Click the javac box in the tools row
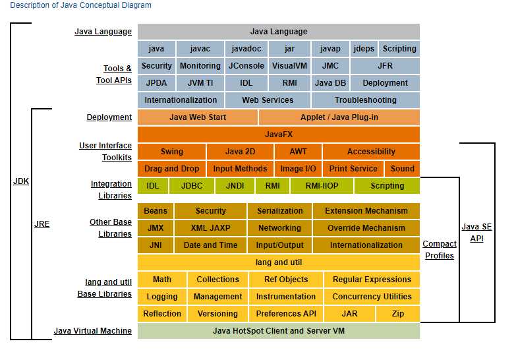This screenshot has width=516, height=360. pos(200,49)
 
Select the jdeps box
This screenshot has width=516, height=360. pos(364,49)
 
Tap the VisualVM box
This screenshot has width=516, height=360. pos(289,66)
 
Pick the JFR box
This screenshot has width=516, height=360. pos(385,66)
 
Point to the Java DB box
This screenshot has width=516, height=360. pos(330,83)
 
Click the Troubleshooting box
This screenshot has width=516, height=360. pos(365,100)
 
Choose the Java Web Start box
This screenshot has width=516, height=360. pos(198,117)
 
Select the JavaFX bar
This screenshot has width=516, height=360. pos(279,135)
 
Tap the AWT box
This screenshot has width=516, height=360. pos(298,152)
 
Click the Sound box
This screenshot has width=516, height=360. pos(402,169)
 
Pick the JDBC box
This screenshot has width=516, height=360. pos(192,186)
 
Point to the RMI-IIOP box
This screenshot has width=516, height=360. pos(322,186)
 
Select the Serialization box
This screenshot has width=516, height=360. pos(280,211)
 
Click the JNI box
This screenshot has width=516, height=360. pos(156,245)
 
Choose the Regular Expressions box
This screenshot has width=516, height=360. pos(372,280)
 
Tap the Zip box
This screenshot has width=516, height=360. pos(398,314)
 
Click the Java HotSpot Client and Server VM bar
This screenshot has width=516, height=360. pos(279,331)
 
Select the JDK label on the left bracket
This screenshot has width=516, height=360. pos(21,181)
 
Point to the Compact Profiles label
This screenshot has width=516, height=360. pos(440,250)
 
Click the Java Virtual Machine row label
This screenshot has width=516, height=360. pos(92,331)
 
